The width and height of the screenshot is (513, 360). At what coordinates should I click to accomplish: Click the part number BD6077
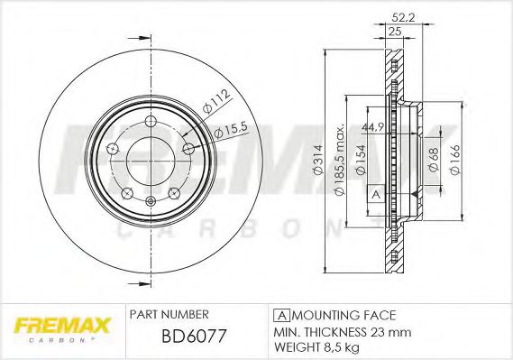coord(194,337)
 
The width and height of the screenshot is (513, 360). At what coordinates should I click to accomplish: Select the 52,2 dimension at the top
coord(403,17)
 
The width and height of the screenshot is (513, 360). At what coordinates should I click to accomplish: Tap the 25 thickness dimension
coord(395,32)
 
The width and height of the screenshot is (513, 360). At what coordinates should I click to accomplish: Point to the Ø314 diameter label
coord(318,160)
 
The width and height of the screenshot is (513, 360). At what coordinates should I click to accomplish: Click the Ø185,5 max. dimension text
coord(340,160)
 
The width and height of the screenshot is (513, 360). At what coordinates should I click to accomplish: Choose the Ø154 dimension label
coord(361,160)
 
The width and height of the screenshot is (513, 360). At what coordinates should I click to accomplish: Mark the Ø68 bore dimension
coord(434,160)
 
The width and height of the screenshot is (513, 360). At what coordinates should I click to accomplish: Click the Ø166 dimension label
coord(455,160)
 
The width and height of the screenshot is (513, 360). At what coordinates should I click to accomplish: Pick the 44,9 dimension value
coord(372,127)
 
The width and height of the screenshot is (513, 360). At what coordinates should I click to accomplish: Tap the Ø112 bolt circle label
coord(216,101)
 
